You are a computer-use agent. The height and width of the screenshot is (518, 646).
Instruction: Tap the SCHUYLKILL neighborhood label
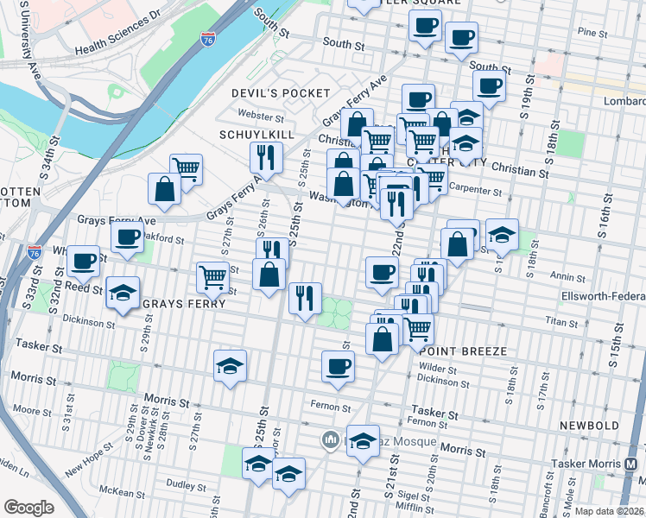click(257, 136)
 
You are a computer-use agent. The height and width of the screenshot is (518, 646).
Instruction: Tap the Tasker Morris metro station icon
click(634, 464)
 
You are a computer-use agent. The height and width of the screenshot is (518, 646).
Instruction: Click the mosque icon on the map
click(329, 441)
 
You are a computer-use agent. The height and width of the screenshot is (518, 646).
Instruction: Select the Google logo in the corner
click(28, 508)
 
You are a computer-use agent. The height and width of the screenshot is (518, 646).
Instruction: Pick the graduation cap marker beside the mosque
click(363, 440)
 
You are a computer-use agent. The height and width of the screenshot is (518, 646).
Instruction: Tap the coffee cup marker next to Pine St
click(461, 38)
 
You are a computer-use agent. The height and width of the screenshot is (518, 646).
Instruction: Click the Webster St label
click(261, 115)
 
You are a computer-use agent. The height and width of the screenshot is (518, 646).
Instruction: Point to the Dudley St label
click(184, 485)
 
